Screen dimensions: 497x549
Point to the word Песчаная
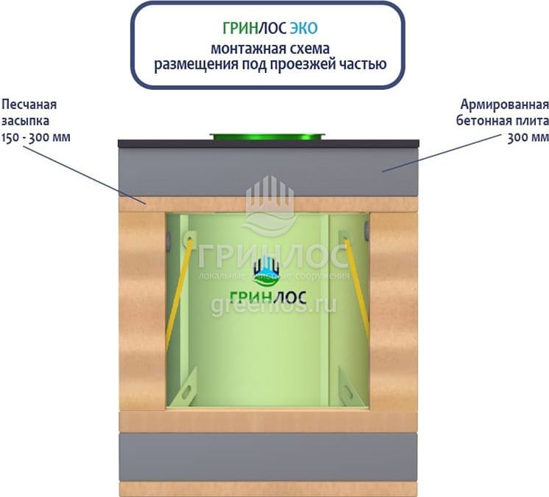tap(29, 104)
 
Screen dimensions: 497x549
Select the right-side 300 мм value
tap(528, 137)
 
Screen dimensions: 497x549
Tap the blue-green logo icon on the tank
tap(266, 273)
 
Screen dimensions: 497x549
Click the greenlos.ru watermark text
tap(273, 305)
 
